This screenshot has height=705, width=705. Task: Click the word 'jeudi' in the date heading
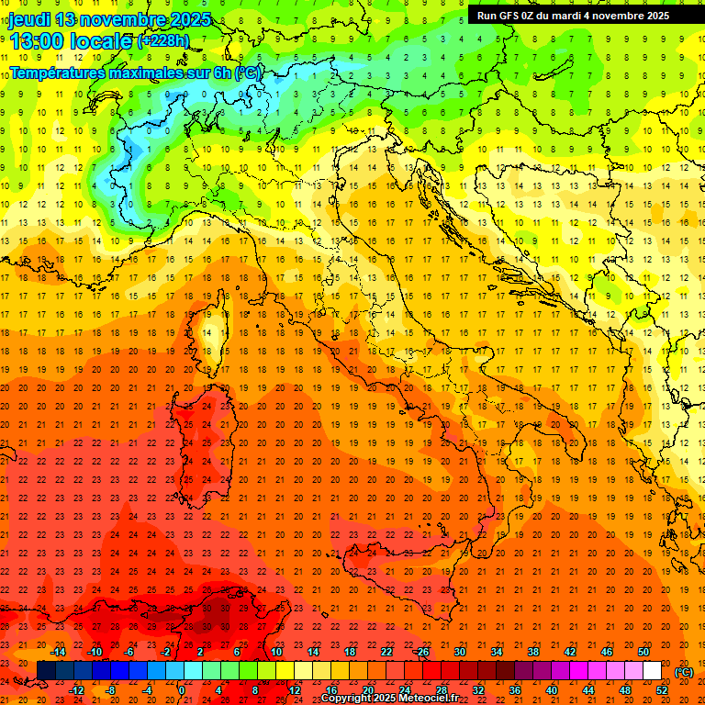click(29, 19)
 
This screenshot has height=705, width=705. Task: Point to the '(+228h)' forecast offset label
click(163, 40)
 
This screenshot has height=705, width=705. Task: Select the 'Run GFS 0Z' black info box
click(574, 15)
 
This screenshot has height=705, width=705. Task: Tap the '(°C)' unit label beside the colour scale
click(684, 672)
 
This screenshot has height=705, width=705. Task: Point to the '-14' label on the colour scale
click(58, 652)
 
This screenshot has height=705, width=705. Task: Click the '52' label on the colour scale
click(662, 690)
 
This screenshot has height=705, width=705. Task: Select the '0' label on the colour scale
click(181, 690)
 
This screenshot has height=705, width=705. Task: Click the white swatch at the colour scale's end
click(653, 671)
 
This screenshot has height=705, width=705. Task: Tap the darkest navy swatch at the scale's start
click(46, 671)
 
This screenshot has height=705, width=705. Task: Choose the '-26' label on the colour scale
click(421, 652)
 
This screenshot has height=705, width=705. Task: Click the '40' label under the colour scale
click(552, 690)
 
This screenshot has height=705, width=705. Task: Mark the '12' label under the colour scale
click(295, 690)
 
